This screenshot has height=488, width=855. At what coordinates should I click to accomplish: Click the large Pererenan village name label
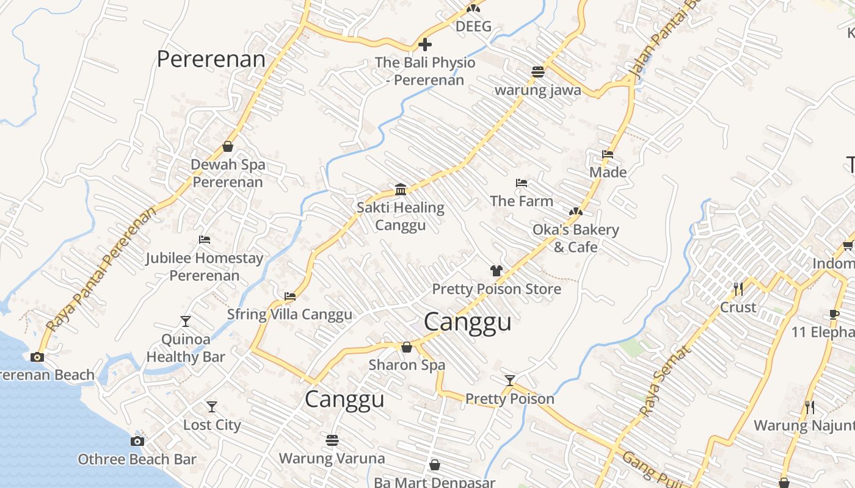tap(211, 59)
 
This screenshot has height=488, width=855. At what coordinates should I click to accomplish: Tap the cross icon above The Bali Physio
tap(425, 45)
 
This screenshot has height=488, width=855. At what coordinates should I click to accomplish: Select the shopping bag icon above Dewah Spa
tap(228, 146)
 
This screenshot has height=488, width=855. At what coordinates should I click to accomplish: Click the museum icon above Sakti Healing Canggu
tap(401, 189)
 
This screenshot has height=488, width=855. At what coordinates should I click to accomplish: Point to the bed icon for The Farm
tap(521, 182)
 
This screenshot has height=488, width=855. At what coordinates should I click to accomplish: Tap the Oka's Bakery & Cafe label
tap(575, 238)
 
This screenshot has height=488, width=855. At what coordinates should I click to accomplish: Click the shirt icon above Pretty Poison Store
tap(496, 271)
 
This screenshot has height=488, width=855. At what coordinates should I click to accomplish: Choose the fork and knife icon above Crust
tap(738, 289)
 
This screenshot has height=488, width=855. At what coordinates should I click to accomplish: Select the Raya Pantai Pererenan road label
tap(100, 268)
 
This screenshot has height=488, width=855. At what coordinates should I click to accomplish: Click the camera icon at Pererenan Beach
tap(37, 357)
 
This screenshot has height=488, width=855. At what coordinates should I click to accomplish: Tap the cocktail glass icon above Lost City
tap(212, 406)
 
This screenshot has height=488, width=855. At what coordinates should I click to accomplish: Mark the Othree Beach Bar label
tap(137, 459)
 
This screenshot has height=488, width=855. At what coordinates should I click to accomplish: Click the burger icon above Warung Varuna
tap(332, 440)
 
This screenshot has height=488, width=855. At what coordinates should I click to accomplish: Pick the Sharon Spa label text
tap(407, 365)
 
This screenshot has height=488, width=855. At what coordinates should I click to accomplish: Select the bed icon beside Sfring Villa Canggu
tap(290, 296)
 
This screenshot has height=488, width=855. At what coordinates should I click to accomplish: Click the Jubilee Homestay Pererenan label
tap(204, 267)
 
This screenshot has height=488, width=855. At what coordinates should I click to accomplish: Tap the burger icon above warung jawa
tap(537, 71)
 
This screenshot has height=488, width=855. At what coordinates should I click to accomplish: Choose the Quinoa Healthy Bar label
tap(186, 348)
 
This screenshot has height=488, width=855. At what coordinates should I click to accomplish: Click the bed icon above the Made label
tap(608, 154)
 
